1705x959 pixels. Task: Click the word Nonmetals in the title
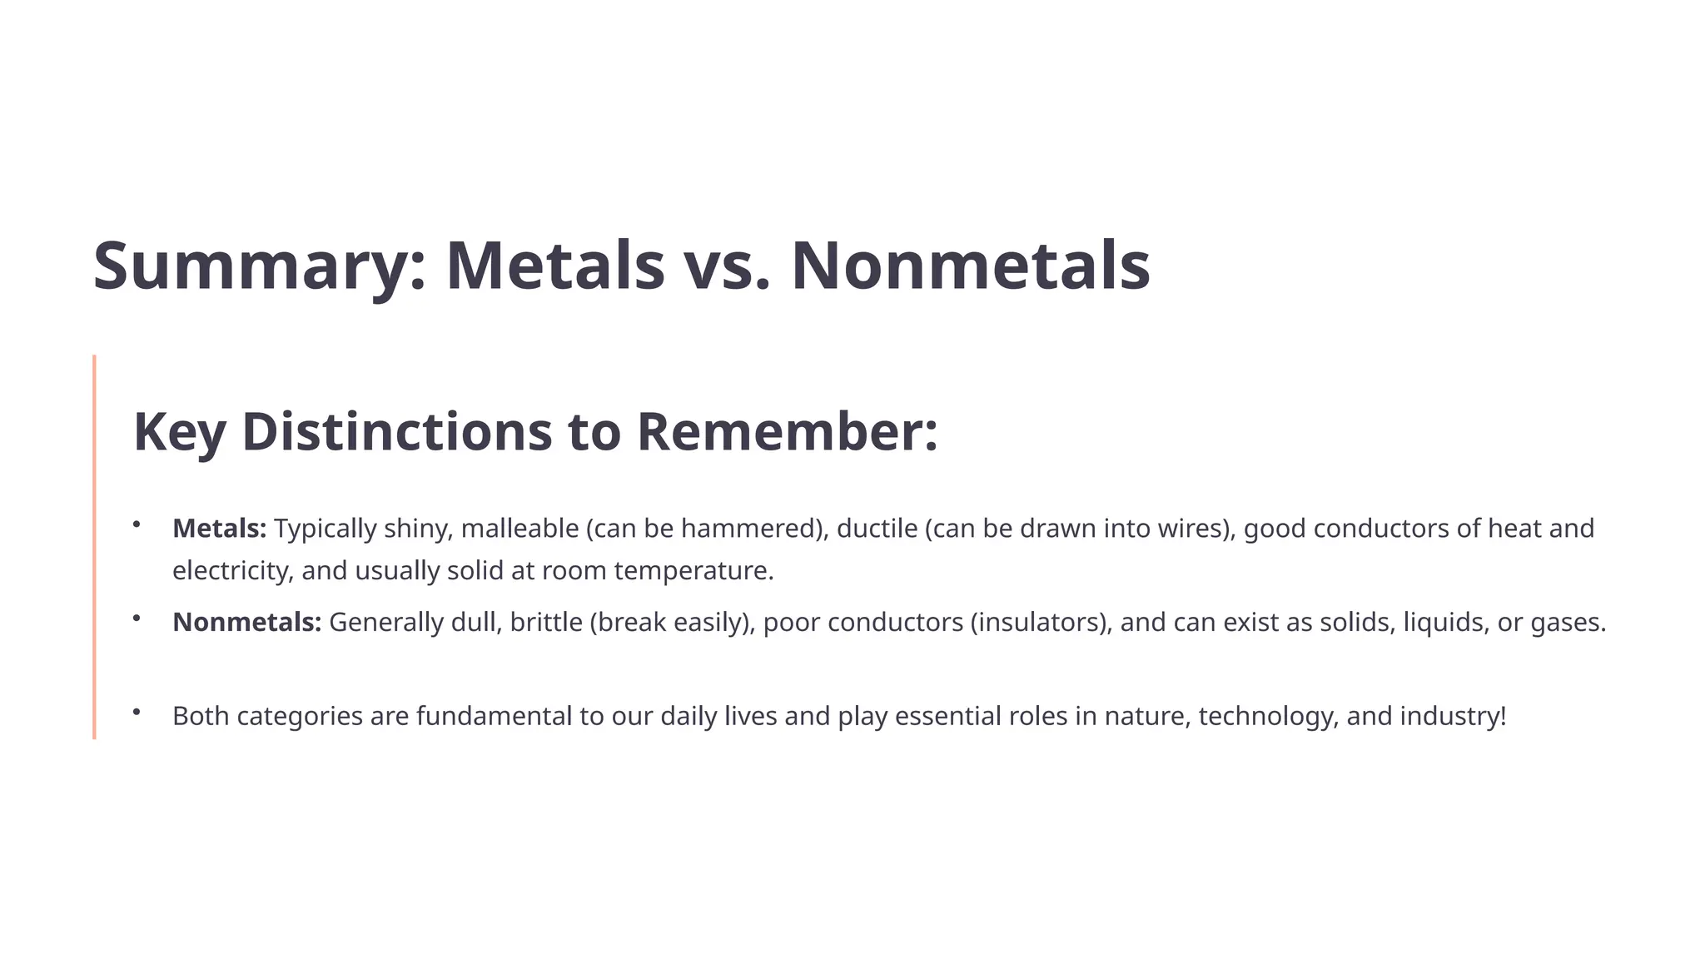970,266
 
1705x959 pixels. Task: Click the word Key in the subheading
179,432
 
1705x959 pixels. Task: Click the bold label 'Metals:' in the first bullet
219,529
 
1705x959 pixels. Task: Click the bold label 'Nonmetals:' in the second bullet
246,623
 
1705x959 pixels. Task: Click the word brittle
546,623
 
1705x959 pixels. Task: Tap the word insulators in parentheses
1040,623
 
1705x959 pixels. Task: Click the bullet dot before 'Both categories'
136,712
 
